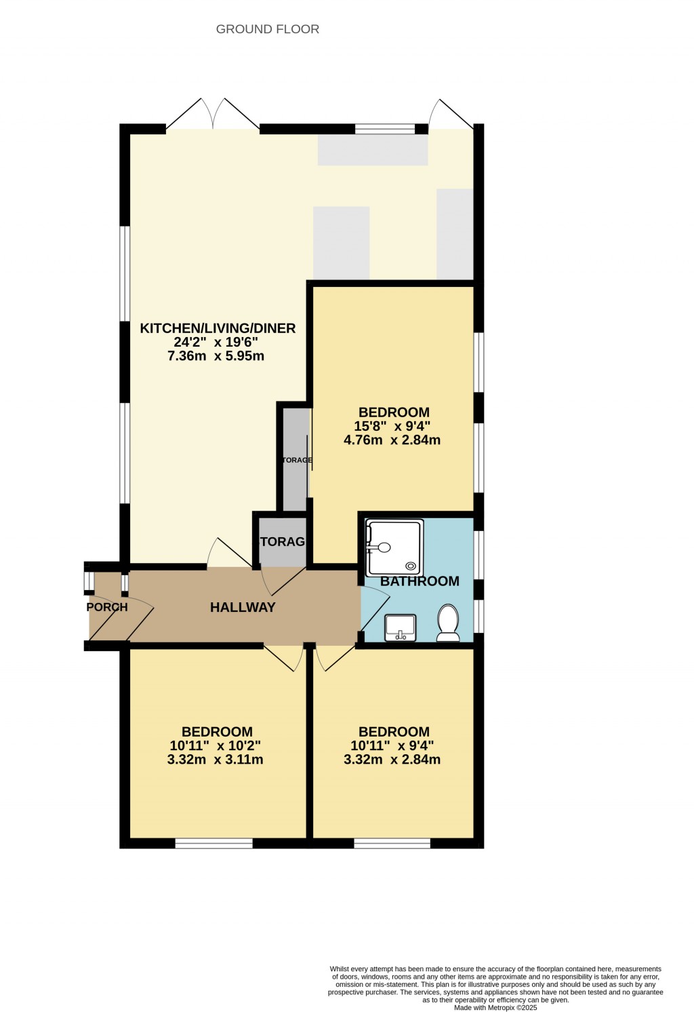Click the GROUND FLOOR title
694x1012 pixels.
click(x=267, y=29)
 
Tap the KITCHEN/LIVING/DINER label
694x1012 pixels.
click(x=218, y=328)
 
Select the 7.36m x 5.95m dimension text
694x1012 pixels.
click(x=216, y=356)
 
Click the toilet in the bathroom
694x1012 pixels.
click(x=448, y=622)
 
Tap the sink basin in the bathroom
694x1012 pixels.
click(x=400, y=627)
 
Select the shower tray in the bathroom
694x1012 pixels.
click(x=394, y=547)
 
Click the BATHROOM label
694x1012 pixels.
click(x=420, y=581)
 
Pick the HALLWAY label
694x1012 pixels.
click(x=243, y=607)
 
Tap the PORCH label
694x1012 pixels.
click(x=107, y=607)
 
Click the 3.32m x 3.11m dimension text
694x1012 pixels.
click(x=215, y=760)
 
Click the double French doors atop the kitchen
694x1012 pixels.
click(x=213, y=115)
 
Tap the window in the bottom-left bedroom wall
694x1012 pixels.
click(x=213, y=844)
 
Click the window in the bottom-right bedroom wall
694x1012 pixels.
click(x=392, y=844)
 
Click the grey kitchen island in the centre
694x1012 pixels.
click(x=341, y=242)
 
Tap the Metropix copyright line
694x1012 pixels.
click(x=495, y=1008)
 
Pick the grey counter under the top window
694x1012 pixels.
click(x=373, y=150)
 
